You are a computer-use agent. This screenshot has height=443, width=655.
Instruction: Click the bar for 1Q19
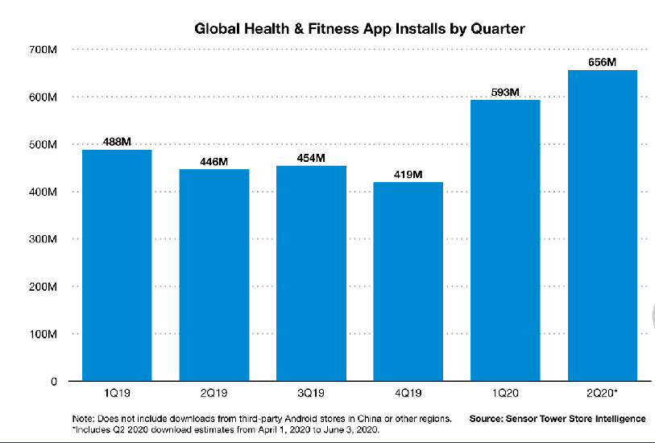[x=117, y=266]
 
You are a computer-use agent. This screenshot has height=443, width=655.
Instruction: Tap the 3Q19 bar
[x=311, y=274]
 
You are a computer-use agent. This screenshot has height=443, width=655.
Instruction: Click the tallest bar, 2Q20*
[x=603, y=226]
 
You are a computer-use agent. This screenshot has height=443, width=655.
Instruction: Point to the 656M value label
[x=603, y=62]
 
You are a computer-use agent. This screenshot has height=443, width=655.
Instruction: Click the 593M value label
[x=505, y=92]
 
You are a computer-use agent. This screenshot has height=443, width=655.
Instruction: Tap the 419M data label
[x=408, y=174]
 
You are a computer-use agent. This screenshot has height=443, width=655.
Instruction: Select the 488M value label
[x=117, y=142]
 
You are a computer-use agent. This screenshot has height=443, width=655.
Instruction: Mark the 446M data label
[x=214, y=161]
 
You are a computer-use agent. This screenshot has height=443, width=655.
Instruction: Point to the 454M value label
[x=311, y=158]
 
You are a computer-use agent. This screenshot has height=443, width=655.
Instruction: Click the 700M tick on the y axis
[x=40, y=50]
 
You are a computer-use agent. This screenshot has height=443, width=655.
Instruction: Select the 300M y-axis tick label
[x=40, y=239]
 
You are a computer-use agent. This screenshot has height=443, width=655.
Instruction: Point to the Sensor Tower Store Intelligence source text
[x=558, y=419]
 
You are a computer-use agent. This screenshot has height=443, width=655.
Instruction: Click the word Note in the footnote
[x=82, y=419]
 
